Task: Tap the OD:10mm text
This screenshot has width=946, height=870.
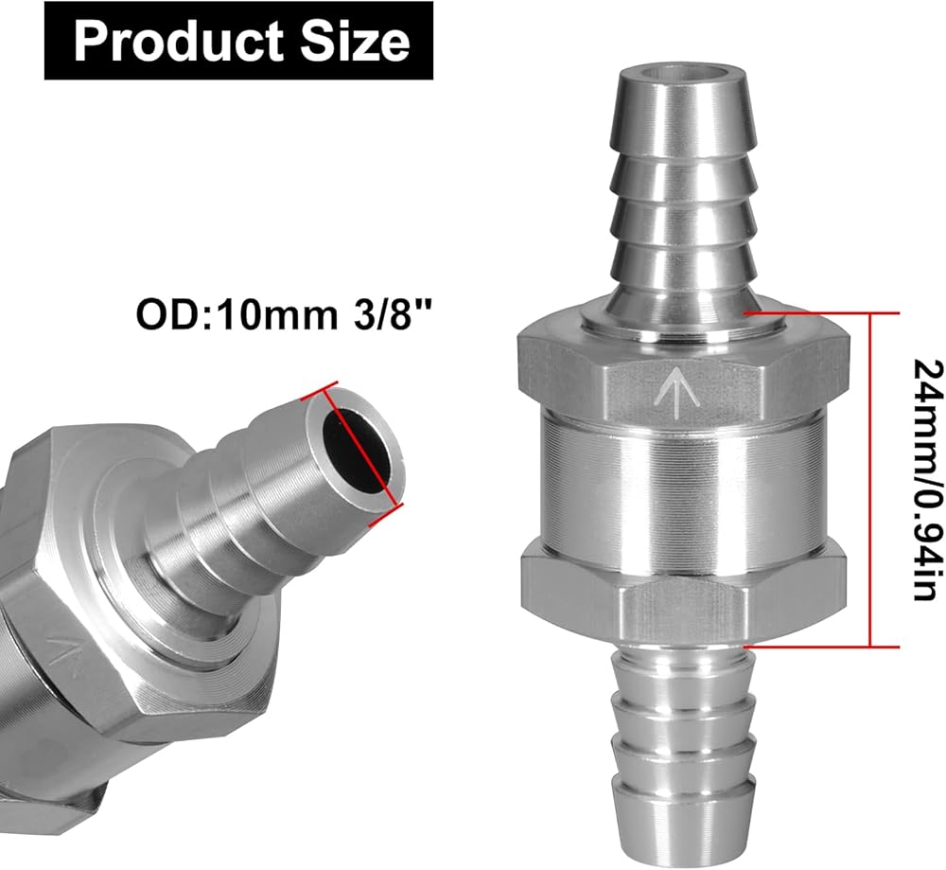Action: [x=237, y=314]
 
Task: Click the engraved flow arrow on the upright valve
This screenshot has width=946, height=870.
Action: [x=679, y=391]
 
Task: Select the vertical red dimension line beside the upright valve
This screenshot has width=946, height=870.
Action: [x=870, y=480]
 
